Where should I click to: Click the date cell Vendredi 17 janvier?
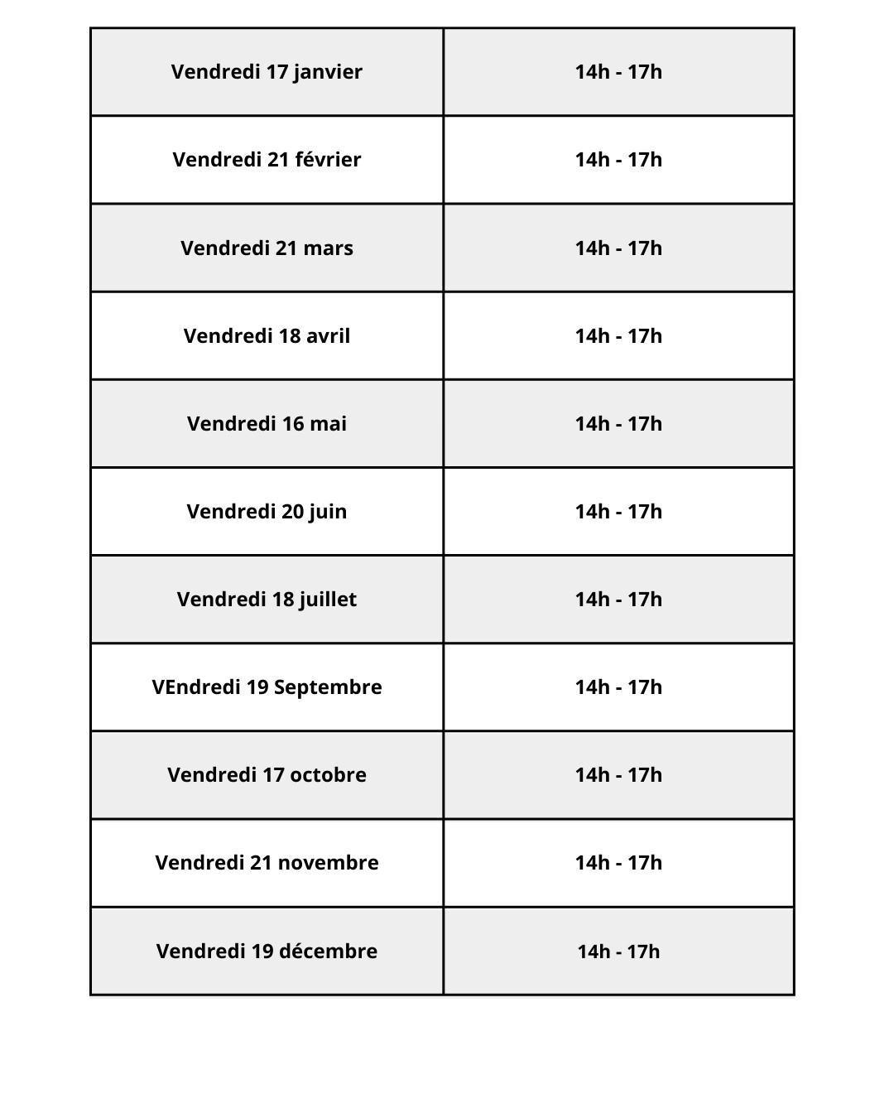(267, 72)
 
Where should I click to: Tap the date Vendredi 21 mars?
(267, 248)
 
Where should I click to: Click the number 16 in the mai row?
(293, 424)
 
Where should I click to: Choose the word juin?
(328, 512)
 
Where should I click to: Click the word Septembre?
(328, 687)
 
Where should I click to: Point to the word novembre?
(328, 863)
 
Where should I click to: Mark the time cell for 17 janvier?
(618, 72)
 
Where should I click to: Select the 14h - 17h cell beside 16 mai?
(618, 424)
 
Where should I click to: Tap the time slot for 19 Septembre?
(618, 687)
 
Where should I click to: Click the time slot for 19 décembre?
(618, 952)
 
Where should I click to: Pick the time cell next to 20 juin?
(618, 512)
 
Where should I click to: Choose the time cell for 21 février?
(618, 160)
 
